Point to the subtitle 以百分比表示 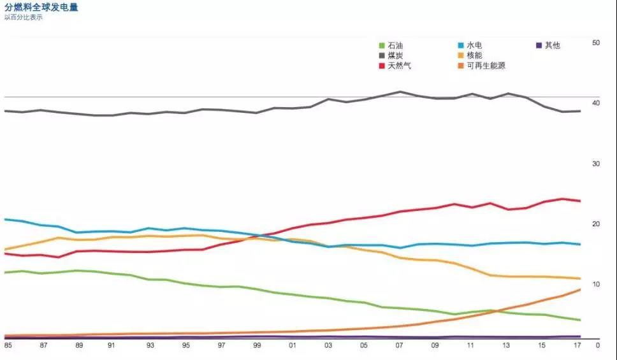pyautogui.click(x=24, y=17)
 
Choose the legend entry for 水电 pyautogui.click(x=474, y=46)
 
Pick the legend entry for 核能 pyautogui.click(x=474, y=55)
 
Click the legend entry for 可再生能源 pyautogui.click(x=485, y=66)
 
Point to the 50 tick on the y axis pyautogui.click(x=596, y=43)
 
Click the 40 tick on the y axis pyautogui.click(x=596, y=103)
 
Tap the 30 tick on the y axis pyautogui.click(x=596, y=164)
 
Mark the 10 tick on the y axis pyautogui.click(x=596, y=284)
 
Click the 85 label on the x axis pyautogui.click(x=8, y=345)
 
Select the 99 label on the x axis pyautogui.click(x=257, y=345)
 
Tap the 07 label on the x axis pyautogui.click(x=400, y=345)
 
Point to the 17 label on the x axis pyautogui.click(x=577, y=345)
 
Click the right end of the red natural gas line pyautogui.click(x=580, y=201)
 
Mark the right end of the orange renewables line pyautogui.click(x=580, y=289)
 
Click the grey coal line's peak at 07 pyautogui.click(x=400, y=92)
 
